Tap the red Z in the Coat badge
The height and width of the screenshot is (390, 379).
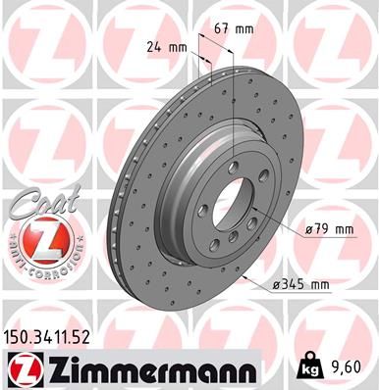coord(38,239)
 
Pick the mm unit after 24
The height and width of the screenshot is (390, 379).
coord(178,46)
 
